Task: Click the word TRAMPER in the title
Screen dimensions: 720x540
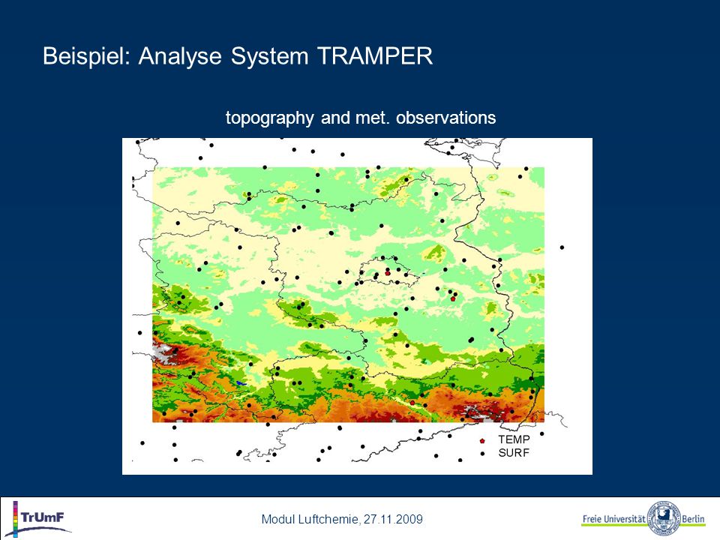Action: click(375, 56)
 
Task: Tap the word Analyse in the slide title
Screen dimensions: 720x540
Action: click(180, 57)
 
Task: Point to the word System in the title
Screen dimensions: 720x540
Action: click(269, 57)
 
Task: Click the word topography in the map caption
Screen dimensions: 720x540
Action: click(269, 118)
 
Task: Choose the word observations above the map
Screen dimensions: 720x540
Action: click(445, 118)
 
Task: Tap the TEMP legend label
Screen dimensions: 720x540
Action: click(514, 439)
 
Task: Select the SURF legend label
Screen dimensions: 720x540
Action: click(514, 453)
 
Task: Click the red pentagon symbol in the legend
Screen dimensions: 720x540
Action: click(482, 441)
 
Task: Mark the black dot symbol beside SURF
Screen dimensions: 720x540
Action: click(482, 454)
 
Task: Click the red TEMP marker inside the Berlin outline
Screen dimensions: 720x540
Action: click(388, 273)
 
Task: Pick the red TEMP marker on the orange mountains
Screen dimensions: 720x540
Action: click(412, 403)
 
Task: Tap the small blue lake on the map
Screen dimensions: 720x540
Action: click(240, 383)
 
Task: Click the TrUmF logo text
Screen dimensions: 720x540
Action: click(43, 517)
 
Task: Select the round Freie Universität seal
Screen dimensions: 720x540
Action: click(663, 517)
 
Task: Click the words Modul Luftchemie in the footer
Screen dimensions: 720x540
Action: click(310, 519)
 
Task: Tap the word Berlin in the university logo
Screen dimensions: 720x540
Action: click(693, 519)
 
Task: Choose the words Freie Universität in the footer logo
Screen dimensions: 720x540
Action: click(614, 519)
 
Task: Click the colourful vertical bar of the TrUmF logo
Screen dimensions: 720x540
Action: click(15, 519)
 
